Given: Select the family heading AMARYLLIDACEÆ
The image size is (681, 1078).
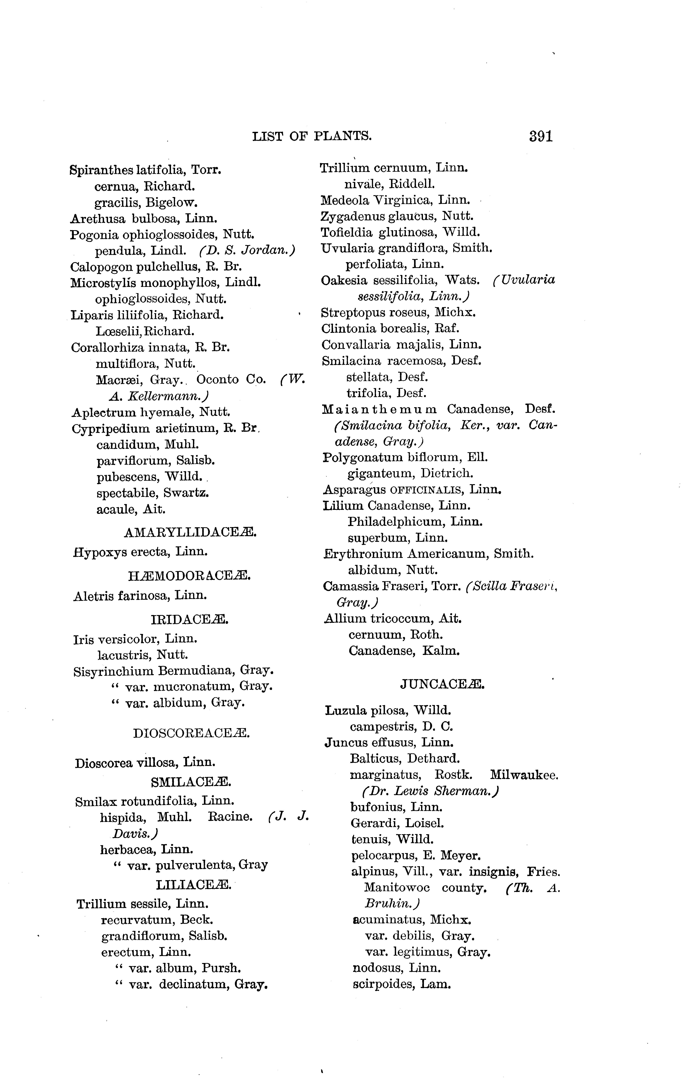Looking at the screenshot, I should coord(190,532).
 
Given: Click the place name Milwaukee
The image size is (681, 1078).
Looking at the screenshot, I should coord(524,774).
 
